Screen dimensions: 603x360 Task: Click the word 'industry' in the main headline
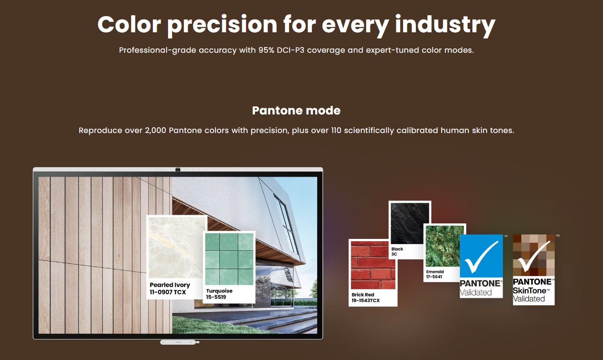pos(445,25)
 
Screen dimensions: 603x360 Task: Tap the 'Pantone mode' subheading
pos(296,111)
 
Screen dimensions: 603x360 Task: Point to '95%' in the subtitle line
pos(266,50)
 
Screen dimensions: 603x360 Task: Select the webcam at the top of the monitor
pos(178,170)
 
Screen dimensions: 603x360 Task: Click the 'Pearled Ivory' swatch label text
pos(170,284)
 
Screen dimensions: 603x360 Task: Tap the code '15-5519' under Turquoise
pos(216,297)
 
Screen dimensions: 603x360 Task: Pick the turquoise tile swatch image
pos(229,259)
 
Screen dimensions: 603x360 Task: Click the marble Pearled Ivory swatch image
pos(177,247)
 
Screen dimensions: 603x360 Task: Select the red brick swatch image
pos(373,265)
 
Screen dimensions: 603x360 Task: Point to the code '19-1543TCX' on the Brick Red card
pos(366,301)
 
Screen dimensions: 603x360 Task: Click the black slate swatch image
pos(410,224)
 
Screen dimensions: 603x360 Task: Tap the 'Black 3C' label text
pos(397,252)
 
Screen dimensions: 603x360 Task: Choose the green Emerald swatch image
pos(445,246)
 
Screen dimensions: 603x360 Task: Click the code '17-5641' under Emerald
pos(434,276)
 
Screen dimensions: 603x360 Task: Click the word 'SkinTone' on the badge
pos(529,291)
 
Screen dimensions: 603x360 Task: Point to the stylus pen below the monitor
pos(180,342)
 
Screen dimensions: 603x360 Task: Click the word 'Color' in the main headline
pos(129,25)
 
